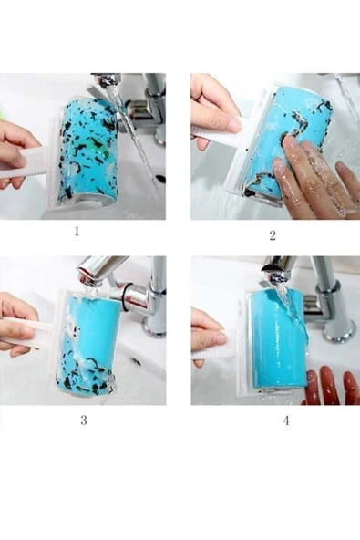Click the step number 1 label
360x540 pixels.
click(x=77, y=231)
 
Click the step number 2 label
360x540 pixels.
click(x=273, y=236)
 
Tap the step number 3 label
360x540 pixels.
click(x=84, y=421)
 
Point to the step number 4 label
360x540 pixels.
click(x=286, y=421)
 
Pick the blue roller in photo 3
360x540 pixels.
click(x=90, y=345)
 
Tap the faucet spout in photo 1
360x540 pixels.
click(x=107, y=80)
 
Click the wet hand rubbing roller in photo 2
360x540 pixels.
click(x=314, y=179)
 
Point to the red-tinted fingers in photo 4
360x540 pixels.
click(x=327, y=386)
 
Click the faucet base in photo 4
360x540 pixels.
click(x=339, y=329)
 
